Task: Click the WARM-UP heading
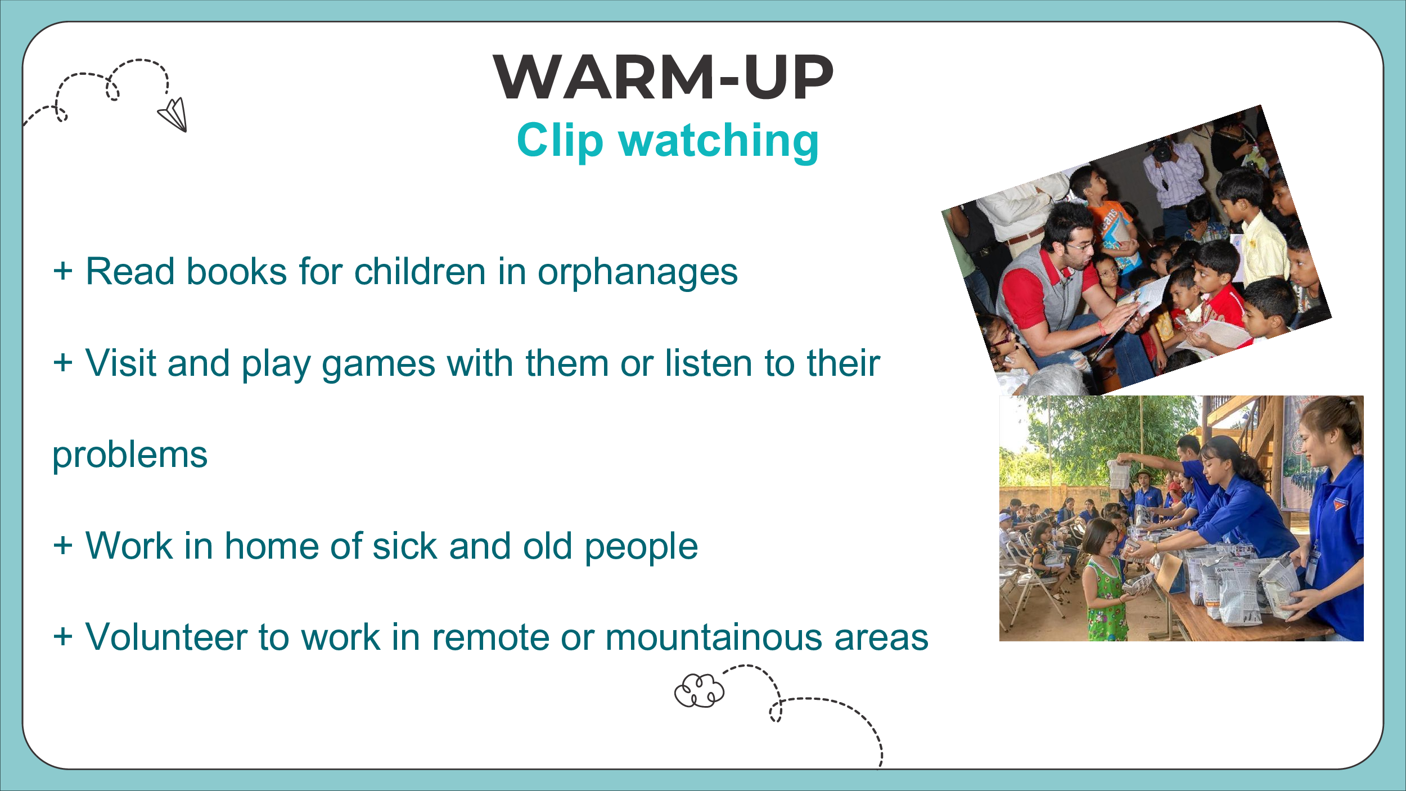coord(663,77)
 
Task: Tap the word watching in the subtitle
coord(719,142)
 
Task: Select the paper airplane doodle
coord(173,115)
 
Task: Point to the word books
coord(237,272)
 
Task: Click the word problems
coord(130,455)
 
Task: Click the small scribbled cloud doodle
coord(699,690)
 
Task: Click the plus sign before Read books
coord(63,271)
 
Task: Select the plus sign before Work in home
coord(63,545)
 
